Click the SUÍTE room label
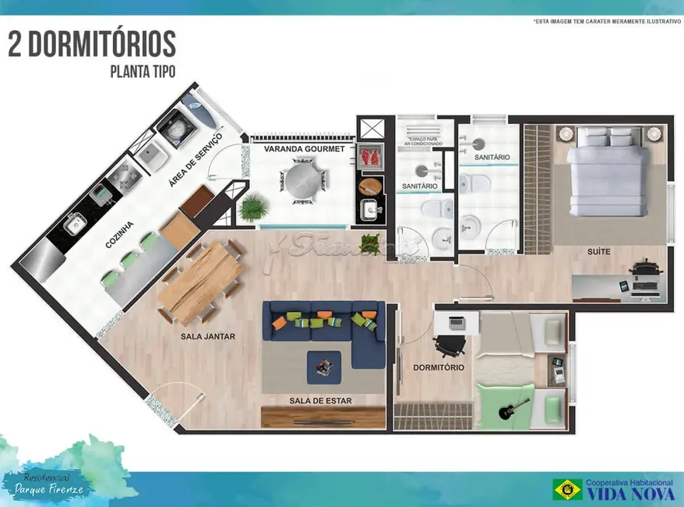599,252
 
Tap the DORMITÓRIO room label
439,367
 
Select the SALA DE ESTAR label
321,401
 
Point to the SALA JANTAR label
208,337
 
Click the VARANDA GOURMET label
304,149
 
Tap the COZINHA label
120,234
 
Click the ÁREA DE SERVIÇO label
196,160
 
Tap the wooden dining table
199,280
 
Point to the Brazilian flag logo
568,489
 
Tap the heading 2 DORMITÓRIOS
92,44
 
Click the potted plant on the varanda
253,207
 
